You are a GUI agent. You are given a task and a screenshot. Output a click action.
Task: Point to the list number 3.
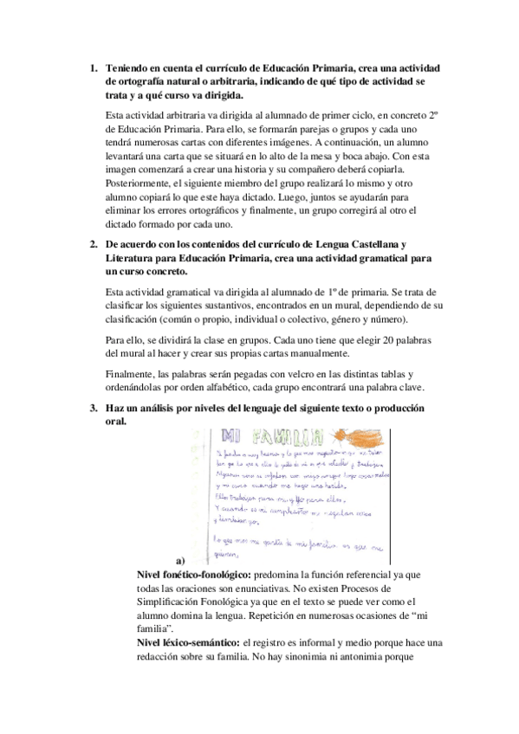tap(94, 408)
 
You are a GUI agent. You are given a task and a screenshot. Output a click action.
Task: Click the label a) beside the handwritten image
tap(181, 561)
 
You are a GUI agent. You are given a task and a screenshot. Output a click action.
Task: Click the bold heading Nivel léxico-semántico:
tap(187, 642)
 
